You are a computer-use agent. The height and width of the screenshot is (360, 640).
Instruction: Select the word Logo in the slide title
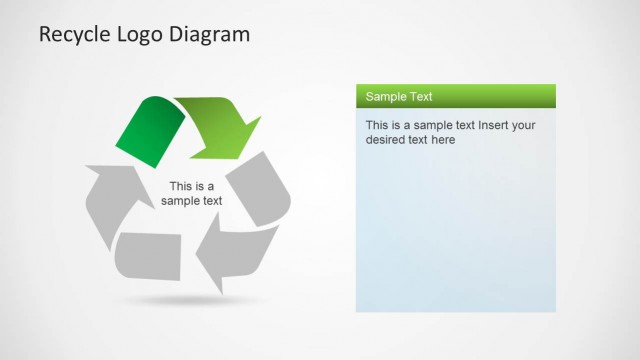pos(140,35)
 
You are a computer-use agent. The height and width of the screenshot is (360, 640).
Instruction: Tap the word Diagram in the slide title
pos(211,35)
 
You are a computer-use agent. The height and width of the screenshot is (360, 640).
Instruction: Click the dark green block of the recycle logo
pos(150,129)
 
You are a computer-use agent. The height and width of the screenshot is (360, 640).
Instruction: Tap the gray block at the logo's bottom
pos(149,256)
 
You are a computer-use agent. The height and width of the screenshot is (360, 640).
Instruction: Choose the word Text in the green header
pos(421,97)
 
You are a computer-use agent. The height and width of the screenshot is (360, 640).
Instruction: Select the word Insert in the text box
pos(497,126)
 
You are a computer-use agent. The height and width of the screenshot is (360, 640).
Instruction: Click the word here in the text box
pos(443,141)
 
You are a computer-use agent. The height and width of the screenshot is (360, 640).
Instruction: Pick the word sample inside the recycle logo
pos(181,201)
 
